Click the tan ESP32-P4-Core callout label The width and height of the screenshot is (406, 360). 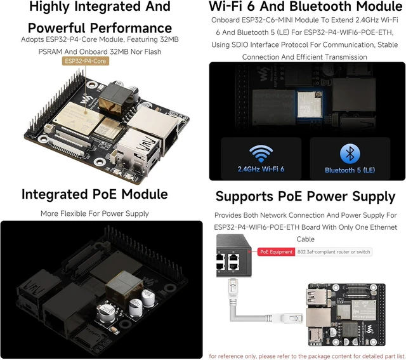[x=86, y=61]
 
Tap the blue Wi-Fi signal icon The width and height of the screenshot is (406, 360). [x=261, y=154]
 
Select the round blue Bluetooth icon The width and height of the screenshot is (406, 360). [x=350, y=154]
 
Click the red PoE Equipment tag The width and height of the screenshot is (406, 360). [x=277, y=252]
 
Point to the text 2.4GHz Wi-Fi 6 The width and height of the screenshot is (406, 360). [x=261, y=170]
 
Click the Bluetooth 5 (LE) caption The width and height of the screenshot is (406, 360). [x=350, y=170]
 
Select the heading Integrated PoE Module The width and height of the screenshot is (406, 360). [x=95, y=194]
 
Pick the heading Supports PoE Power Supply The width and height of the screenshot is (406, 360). [x=306, y=197]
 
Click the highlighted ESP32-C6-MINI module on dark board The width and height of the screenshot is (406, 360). [x=310, y=104]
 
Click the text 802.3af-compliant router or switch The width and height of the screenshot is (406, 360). [x=334, y=252]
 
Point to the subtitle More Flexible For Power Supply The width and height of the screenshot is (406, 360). [x=95, y=213]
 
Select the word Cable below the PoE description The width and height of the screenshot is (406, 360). [x=306, y=239]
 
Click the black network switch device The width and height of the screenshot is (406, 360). [x=233, y=256]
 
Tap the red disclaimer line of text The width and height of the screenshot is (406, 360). [x=307, y=356]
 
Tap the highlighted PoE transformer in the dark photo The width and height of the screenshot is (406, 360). [x=124, y=285]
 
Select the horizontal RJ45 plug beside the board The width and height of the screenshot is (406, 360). [x=287, y=318]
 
